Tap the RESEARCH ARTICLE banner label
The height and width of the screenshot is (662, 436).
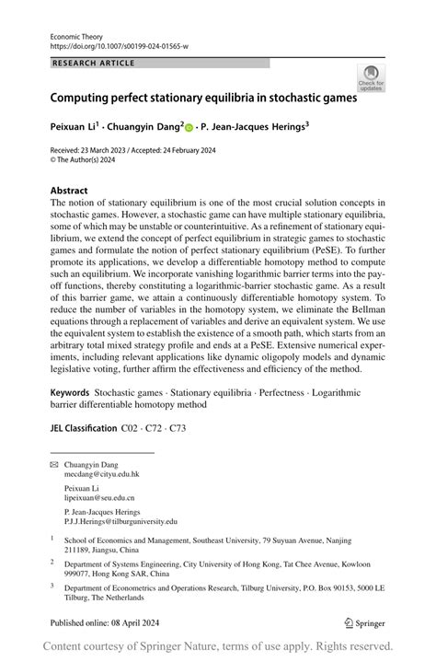[x=93, y=63]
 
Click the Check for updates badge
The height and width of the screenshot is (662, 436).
[x=371, y=77]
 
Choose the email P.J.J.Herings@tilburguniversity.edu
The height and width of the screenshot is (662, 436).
[x=120, y=520]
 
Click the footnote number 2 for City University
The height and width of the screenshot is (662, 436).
[x=52, y=562]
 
